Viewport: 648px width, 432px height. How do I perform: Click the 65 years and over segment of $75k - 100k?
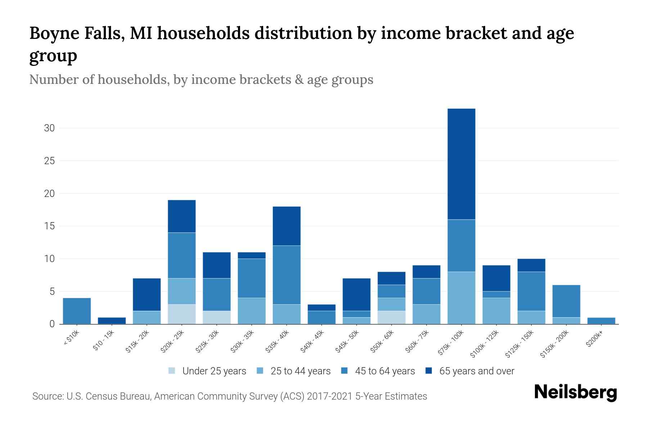(461, 164)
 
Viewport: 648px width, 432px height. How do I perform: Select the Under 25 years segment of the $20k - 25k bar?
(182, 314)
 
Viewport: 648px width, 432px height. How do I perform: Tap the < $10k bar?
(77, 311)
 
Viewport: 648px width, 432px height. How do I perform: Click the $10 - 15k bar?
(112, 320)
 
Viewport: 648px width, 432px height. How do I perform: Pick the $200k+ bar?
(601, 320)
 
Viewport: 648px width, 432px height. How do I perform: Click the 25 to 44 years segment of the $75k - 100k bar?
(461, 298)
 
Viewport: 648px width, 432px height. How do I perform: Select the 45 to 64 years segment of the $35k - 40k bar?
(287, 275)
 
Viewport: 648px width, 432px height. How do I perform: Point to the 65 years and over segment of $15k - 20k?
(147, 294)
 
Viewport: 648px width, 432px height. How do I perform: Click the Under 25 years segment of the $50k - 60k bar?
(391, 317)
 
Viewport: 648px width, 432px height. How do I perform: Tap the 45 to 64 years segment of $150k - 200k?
(566, 301)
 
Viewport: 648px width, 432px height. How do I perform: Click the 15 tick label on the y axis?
(49, 226)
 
